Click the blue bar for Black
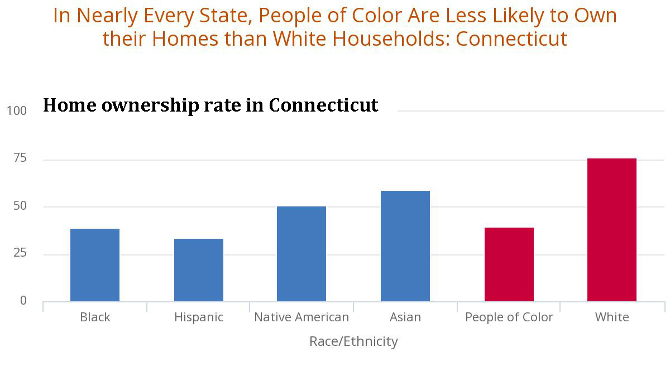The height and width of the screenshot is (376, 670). [95, 265]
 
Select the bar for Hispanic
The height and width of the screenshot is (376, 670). [199, 270]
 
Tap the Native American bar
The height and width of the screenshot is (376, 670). [301, 254]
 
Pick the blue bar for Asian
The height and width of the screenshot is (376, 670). [405, 246]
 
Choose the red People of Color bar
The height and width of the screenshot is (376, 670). [509, 264]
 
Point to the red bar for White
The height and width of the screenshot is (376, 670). [612, 230]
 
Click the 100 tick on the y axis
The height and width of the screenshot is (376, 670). [17, 111]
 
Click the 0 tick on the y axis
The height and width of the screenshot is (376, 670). [23, 301]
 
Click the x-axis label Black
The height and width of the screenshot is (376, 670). [95, 317]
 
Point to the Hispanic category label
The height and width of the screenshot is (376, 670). [199, 317]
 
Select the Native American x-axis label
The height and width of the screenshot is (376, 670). [301, 317]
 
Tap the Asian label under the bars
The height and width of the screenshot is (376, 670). [405, 317]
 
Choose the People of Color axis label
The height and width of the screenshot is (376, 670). [509, 317]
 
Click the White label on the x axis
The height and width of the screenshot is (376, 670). [612, 317]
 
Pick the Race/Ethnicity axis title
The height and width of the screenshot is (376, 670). [353, 341]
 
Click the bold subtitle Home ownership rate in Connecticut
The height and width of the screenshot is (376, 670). [210, 105]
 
